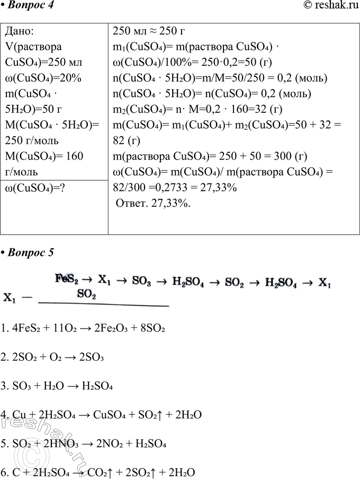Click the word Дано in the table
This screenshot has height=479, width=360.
click(20, 31)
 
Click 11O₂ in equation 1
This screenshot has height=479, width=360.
click(58, 329)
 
